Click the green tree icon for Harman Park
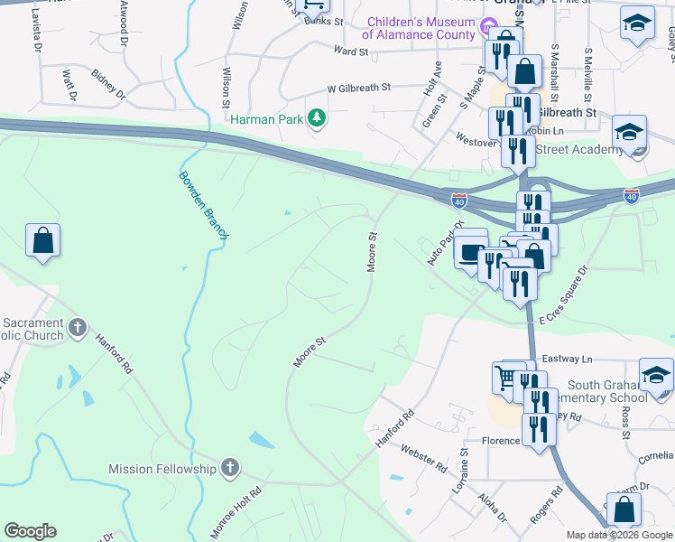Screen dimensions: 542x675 (317, 118)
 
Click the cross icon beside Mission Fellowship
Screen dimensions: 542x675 (230, 468)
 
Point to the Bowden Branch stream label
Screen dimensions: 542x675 (204, 204)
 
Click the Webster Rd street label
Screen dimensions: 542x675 (423, 459)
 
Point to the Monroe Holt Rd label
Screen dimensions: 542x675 (237, 513)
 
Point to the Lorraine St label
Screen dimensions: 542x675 (466, 466)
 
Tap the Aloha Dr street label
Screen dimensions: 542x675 (493, 508)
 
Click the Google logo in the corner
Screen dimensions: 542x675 (31, 531)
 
